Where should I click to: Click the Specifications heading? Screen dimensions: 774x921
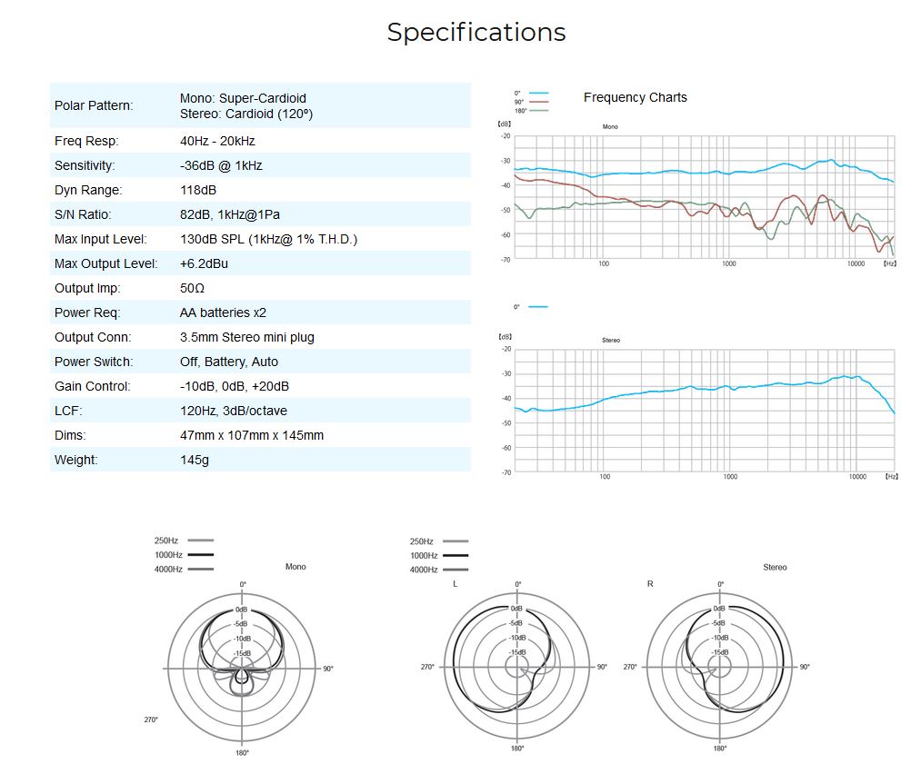pos(476,32)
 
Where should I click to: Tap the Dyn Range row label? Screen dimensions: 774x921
pos(88,190)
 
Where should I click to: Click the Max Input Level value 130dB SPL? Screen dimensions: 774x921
pos(268,239)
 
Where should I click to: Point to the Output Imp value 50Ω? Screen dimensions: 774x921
pos(193,288)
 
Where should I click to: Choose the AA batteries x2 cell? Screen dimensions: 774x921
pos(223,313)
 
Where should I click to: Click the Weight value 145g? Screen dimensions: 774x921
pos(195,460)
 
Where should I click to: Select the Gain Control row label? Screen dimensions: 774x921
pos(93,386)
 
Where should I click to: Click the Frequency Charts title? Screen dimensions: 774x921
pos(635,97)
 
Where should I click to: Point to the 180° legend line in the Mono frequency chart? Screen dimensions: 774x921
pos(539,110)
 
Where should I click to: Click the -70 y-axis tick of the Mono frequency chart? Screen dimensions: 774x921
pos(506,259)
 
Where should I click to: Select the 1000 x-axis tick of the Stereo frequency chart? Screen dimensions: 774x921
pos(730,477)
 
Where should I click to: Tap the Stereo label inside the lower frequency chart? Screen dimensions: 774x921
pos(611,340)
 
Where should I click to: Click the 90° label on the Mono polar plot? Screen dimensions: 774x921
pos(327,669)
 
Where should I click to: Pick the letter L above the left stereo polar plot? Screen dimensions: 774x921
pos(455,583)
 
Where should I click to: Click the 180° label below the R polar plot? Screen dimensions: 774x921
pos(719,749)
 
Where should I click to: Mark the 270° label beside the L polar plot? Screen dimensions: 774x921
pos(426,668)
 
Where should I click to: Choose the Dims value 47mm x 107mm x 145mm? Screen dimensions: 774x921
pos(252,435)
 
